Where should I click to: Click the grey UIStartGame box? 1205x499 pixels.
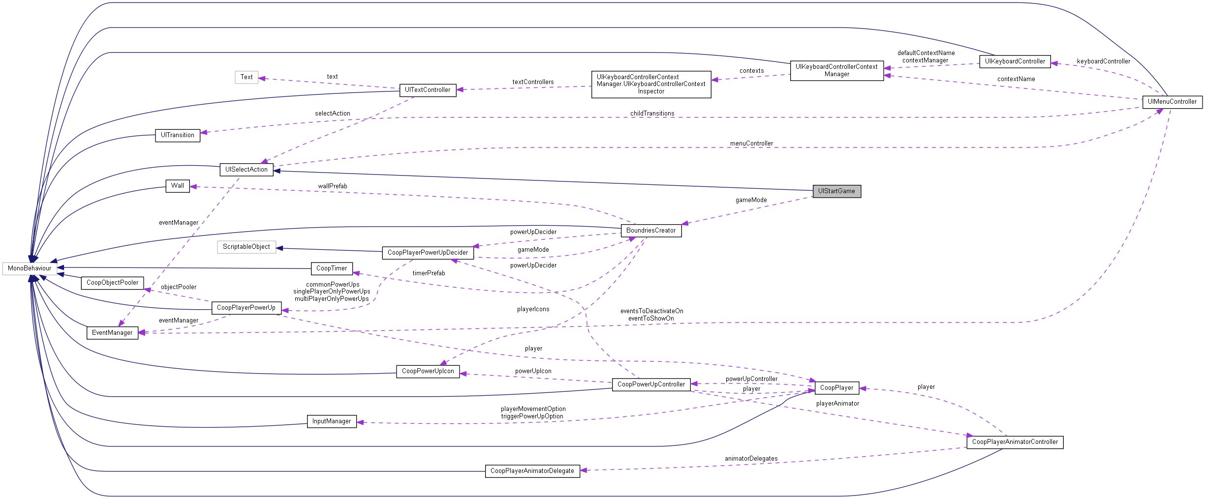pos(836,191)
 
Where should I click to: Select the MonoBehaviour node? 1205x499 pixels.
pos(30,268)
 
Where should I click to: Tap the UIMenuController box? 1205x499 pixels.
pos(1172,102)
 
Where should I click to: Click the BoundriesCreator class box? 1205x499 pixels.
pos(651,231)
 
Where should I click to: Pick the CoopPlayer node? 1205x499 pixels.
pos(836,388)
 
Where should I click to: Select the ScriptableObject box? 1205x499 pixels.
pos(246,247)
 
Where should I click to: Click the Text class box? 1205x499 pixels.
pos(247,77)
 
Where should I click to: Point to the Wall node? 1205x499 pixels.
pos(178,186)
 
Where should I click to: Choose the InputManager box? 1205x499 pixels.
pos(332,421)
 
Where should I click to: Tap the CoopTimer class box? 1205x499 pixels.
pos(332,268)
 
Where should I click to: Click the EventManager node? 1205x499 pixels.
pos(112,333)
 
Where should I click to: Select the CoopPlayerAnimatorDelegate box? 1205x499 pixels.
pos(532,471)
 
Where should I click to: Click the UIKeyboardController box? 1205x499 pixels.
pos(1015,61)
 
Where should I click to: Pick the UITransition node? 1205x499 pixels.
pos(178,135)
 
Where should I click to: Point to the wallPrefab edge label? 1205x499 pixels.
pos(333,186)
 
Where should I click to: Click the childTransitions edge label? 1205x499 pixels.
pos(652,114)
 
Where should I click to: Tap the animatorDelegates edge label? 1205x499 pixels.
pos(751,459)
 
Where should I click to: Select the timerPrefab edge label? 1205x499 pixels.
pos(429,273)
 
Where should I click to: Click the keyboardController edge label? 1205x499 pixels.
pos(1103,61)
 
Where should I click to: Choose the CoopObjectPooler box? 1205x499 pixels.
pos(113,283)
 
